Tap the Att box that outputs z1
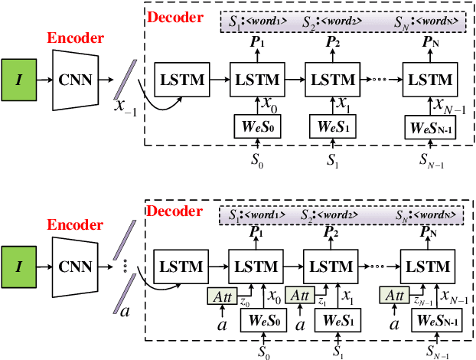click(x=299, y=293)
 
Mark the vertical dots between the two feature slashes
click(x=123, y=266)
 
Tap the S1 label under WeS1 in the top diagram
click(x=331, y=161)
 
